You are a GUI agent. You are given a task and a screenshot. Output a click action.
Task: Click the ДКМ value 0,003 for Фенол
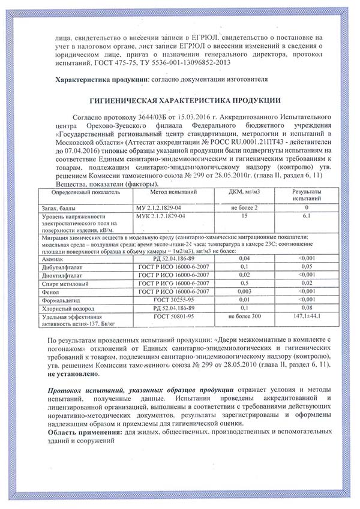[244, 290]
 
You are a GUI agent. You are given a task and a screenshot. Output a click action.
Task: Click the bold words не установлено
[73, 372]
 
